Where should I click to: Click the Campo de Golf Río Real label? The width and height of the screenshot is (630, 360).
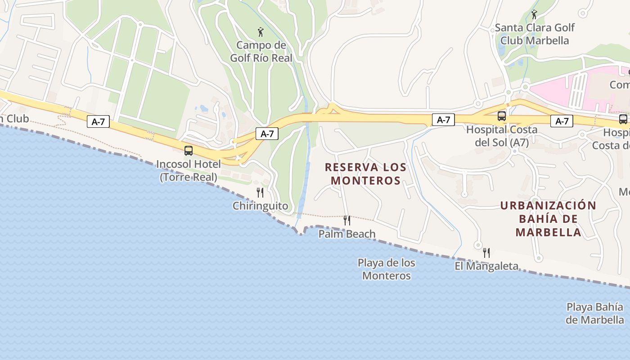click(261, 51)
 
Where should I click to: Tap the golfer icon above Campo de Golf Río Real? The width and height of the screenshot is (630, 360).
click(261, 32)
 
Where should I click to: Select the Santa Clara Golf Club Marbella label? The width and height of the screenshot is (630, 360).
click(535, 34)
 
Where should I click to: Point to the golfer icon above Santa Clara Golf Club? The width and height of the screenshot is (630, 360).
click(534, 14)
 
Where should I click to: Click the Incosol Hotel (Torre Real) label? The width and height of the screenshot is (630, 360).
click(189, 171)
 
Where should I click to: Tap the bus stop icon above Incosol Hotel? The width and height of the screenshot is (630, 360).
click(189, 151)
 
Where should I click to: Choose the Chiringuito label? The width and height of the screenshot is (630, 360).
click(260, 206)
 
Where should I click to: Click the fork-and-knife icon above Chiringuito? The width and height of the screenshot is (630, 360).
click(260, 193)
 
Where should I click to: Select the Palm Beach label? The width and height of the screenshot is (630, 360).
click(347, 234)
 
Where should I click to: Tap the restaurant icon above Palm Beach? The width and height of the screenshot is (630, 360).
click(347, 220)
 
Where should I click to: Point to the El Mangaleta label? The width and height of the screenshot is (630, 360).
click(486, 266)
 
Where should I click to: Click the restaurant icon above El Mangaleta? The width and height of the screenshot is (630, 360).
click(486, 253)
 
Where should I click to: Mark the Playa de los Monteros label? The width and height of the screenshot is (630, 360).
click(387, 269)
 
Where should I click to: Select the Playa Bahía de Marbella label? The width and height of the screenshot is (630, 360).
click(595, 314)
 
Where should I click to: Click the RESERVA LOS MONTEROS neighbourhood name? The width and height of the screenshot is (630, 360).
click(366, 174)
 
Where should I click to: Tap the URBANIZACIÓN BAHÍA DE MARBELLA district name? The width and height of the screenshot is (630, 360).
click(548, 219)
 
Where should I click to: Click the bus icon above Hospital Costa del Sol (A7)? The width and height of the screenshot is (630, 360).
click(502, 116)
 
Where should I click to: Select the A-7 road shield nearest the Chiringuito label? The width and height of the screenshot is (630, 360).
click(267, 134)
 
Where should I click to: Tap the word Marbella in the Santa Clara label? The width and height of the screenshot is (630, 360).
click(548, 40)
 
